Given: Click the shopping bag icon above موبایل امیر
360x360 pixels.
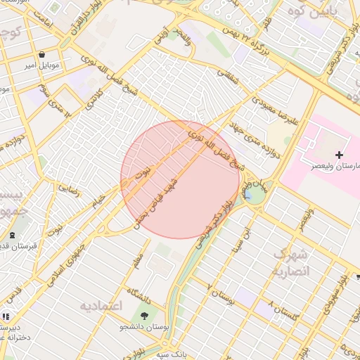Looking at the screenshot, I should [42, 54].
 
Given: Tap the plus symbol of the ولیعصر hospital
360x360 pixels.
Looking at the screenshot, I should [340, 154].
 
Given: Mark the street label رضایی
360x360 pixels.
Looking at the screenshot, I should [69, 188].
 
